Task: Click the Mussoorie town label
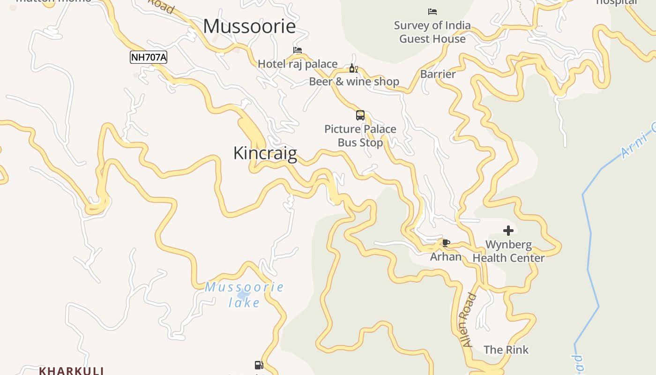point(249,26)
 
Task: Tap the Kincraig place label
point(265,153)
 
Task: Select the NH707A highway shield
point(149,58)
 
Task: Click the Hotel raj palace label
point(298,64)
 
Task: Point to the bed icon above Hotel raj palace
point(298,50)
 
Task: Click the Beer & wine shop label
point(354,82)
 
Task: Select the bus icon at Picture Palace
point(360,115)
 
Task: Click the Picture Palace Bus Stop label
point(360,135)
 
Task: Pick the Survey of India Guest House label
point(432,32)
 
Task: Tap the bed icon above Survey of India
point(432,12)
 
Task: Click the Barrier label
point(438,74)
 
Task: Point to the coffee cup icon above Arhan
point(446,243)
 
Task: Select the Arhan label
point(446,257)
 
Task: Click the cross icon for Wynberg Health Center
point(508,230)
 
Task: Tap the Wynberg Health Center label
point(508,251)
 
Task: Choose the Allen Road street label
point(470,320)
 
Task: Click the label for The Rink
point(506,350)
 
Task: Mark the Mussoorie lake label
point(244,294)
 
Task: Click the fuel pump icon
point(258,365)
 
